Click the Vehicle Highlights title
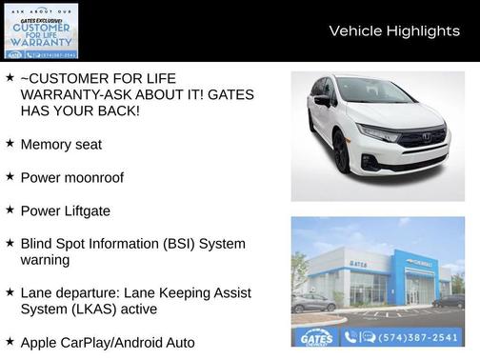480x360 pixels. (x=394, y=31)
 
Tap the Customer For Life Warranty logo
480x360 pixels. (x=40, y=30)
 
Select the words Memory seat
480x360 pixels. (x=61, y=144)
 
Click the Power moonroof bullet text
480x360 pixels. (x=72, y=177)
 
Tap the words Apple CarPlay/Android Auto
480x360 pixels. (x=107, y=342)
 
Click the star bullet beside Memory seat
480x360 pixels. (x=10, y=143)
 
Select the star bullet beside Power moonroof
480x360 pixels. (x=10, y=176)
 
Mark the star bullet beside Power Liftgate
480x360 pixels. (x=10, y=210)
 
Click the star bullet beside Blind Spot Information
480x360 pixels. (x=10, y=243)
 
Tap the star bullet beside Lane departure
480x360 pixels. (x=10, y=292)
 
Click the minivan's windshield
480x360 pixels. (x=373, y=92)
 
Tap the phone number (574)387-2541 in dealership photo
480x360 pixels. (x=418, y=336)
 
